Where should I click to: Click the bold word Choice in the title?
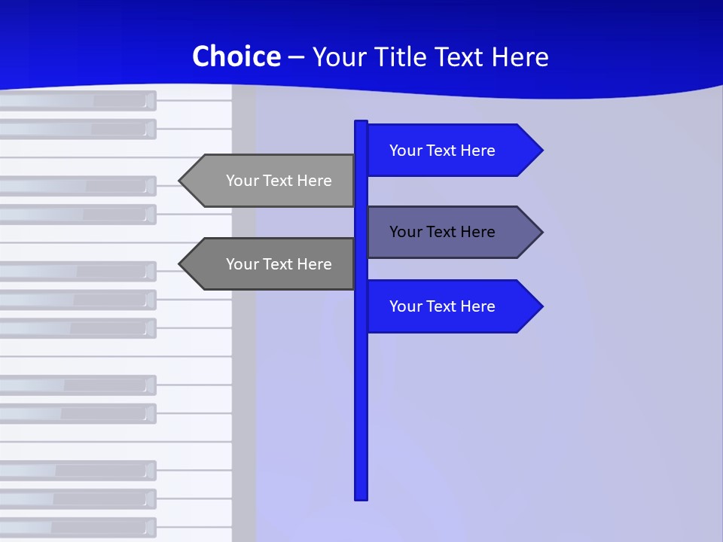(x=236, y=56)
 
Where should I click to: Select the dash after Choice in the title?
(x=296, y=57)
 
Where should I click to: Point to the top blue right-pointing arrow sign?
(x=452, y=151)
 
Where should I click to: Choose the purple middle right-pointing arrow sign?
(x=452, y=232)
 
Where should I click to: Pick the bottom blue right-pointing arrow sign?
(x=452, y=306)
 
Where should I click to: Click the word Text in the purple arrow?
(x=442, y=232)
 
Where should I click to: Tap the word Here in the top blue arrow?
(x=477, y=151)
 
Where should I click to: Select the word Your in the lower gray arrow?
(x=243, y=264)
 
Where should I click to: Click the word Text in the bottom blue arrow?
(x=442, y=306)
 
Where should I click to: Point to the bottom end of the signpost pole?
(x=361, y=496)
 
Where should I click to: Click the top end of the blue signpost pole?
(x=361, y=123)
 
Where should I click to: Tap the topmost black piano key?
(x=75, y=100)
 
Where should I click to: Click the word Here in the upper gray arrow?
(x=314, y=181)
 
